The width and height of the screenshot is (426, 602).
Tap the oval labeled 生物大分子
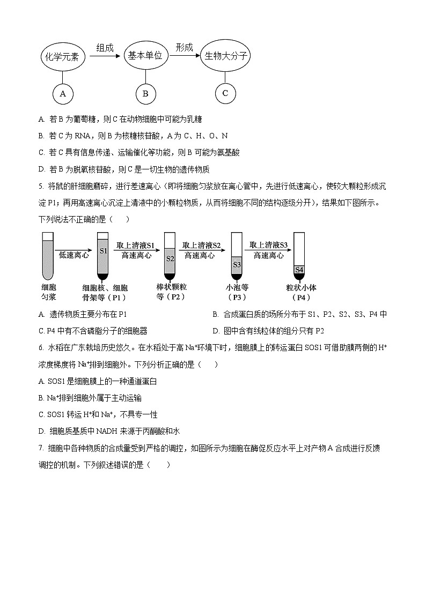point(225,56)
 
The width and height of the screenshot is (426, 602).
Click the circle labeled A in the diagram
point(63,94)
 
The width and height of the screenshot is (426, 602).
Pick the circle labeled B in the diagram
point(145,94)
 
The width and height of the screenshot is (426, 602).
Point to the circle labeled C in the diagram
point(225,93)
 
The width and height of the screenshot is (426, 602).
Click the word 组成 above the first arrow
point(105,48)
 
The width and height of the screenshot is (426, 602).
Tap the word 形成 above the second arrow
point(184,48)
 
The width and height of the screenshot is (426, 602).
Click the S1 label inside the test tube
point(104,251)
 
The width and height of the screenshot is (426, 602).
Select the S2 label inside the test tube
point(170,258)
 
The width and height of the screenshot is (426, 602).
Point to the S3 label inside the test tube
point(237,264)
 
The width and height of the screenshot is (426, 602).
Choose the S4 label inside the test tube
point(299,269)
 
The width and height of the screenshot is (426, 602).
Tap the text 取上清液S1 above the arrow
point(136,246)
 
